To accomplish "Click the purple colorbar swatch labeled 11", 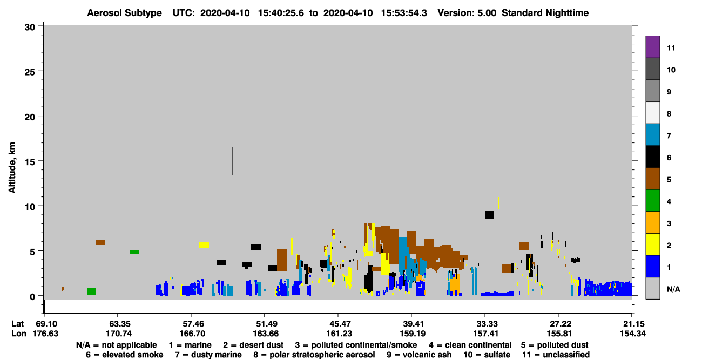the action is pos(652,47).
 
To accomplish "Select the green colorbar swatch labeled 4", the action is pos(652,201).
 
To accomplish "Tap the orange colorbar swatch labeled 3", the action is pos(652,222).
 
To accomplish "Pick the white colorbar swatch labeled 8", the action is pos(652,113).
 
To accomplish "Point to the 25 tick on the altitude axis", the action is pos(41,71).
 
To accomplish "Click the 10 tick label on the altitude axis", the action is pos(30,207).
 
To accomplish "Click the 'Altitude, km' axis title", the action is pos(12,168).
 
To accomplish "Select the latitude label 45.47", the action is pos(339,324).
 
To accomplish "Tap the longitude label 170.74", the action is pos(119,334).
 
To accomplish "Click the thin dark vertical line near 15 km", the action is pos(232,161).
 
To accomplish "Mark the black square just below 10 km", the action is pos(489,215).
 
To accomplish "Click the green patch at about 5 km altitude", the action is pos(135,252).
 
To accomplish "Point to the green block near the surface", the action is pos(91,291).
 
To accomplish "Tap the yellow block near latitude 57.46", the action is pos(204,245).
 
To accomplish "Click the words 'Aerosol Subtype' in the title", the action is pos(124,13).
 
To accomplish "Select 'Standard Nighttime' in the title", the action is pos(545,13).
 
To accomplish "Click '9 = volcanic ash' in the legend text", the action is pos(419,355).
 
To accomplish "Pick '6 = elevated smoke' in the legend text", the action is pos(125,355).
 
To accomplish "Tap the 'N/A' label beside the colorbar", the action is pos(673,289).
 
